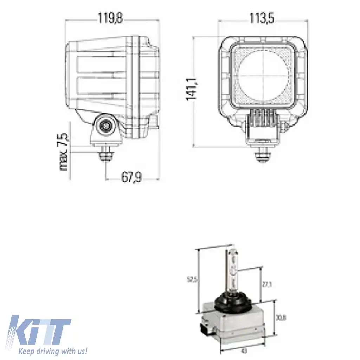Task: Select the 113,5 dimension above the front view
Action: (262, 19)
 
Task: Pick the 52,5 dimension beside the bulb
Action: (192, 279)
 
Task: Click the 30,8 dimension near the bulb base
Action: (280, 318)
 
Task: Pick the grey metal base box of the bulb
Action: (243, 323)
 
